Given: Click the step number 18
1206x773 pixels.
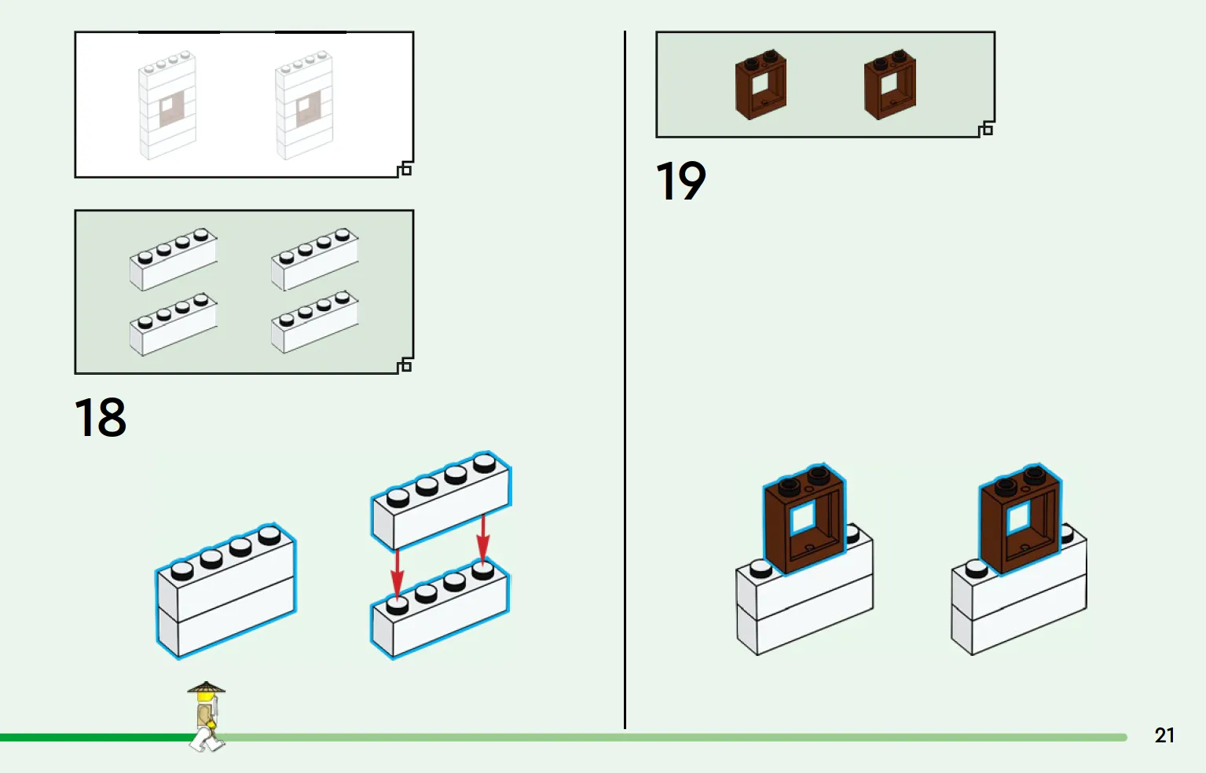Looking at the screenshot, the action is [x=100, y=417].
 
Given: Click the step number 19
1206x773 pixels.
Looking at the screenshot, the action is [x=680, y=181].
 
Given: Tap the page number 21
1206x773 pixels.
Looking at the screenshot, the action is [x=1164, y=735].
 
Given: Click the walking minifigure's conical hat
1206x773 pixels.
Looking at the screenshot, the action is [x=206, y=687].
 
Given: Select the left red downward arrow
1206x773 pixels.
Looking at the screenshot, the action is [x=398, y=573].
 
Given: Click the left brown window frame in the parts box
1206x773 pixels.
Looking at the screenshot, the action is [x=761, y=85].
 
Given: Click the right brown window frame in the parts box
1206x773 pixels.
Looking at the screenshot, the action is [x=890, y=85].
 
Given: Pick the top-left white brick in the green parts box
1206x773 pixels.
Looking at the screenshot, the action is [x=174, y=259].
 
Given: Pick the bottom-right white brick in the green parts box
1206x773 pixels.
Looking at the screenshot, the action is [x=315, y=322].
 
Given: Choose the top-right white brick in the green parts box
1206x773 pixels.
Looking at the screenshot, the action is [x=315, y=259].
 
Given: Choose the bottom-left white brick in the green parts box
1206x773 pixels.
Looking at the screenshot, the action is [x=174, y=324].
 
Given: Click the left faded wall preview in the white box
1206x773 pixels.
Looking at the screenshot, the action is [x=167, y=105].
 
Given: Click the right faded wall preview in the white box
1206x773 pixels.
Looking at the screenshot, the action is [x=304, y=105].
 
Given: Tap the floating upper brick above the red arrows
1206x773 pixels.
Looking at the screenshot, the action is [x=441, y=500].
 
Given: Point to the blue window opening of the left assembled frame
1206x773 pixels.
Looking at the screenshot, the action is [x=803, y=518].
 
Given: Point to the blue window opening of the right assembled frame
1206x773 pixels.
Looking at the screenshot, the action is [x=1018, y=518].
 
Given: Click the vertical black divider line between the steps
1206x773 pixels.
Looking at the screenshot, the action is [x=625, y=379].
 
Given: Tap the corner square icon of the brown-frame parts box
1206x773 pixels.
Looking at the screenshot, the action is [x=986, y=129].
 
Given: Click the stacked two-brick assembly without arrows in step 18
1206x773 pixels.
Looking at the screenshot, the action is [x=226, y=591].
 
